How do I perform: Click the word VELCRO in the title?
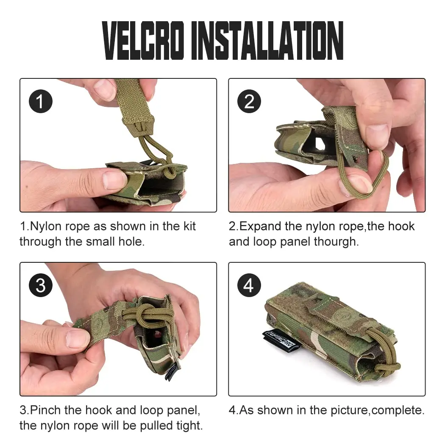(143, 41)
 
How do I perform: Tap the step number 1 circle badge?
(41, 102)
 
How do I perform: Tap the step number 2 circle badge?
(249, 102)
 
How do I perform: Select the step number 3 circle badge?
(41, 285)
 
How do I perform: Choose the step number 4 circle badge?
(249, 285)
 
